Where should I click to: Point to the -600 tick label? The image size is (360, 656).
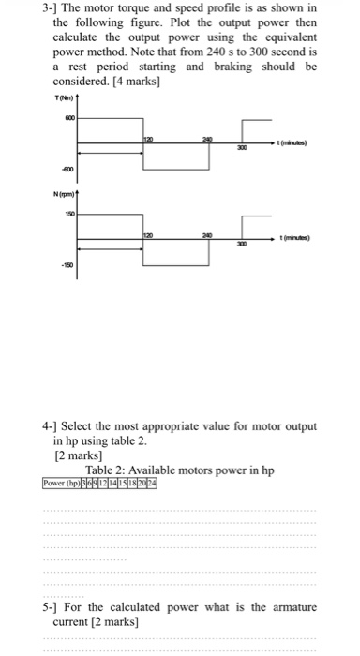[67, 170]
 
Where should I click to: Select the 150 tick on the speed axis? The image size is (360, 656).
[68, 214]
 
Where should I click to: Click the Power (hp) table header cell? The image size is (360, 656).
[65, 484]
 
